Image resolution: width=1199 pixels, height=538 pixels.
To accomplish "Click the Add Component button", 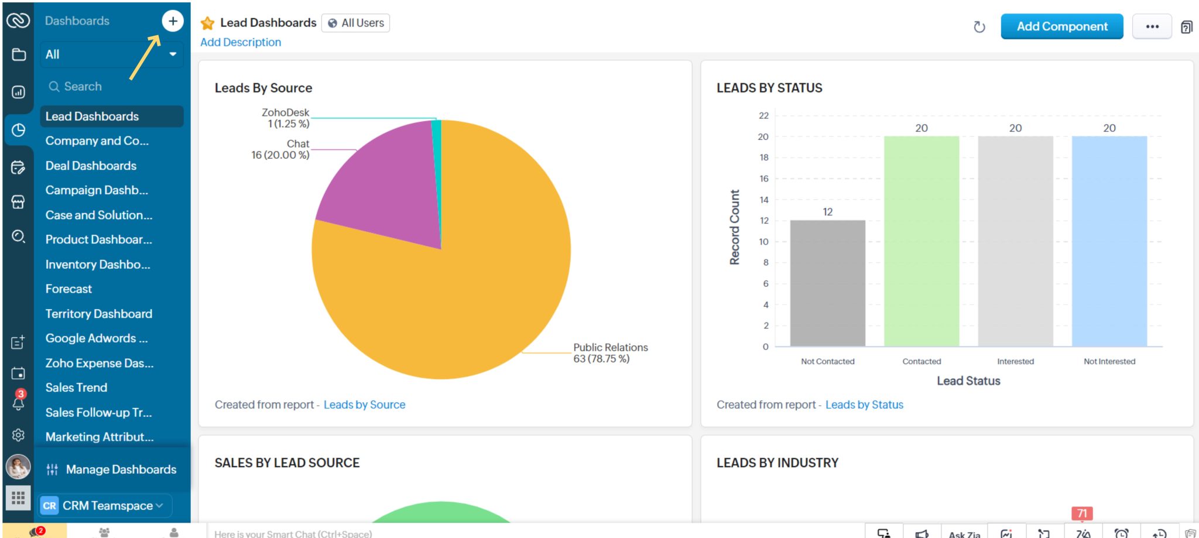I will pos(1061,26).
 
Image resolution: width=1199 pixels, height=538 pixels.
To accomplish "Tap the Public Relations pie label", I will pos(610,353).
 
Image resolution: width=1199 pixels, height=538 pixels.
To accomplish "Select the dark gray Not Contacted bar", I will pos(827,284).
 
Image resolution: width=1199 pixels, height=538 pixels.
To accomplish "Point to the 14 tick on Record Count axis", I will pos(764,200).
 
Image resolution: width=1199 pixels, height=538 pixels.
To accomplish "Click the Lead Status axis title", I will pos(968,381).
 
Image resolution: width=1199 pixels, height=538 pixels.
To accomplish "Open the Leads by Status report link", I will pos(864,405).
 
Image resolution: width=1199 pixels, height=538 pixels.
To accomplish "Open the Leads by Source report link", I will pos(364,405).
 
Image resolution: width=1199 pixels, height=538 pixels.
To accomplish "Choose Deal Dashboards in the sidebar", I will pos(91,166).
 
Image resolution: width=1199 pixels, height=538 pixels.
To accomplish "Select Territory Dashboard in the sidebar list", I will pos(99,314).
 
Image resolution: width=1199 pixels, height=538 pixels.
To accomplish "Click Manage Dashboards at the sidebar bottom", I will pos(121,470).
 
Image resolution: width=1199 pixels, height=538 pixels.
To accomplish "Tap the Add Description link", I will pos(241,42).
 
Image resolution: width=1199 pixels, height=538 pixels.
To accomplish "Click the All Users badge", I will pos(355,23).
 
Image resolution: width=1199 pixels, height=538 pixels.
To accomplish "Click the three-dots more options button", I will pos(1152,26).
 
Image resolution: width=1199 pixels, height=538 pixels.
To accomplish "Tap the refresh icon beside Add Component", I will pos(979,27).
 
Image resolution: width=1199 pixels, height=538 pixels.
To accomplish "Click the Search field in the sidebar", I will pos(111,87).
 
